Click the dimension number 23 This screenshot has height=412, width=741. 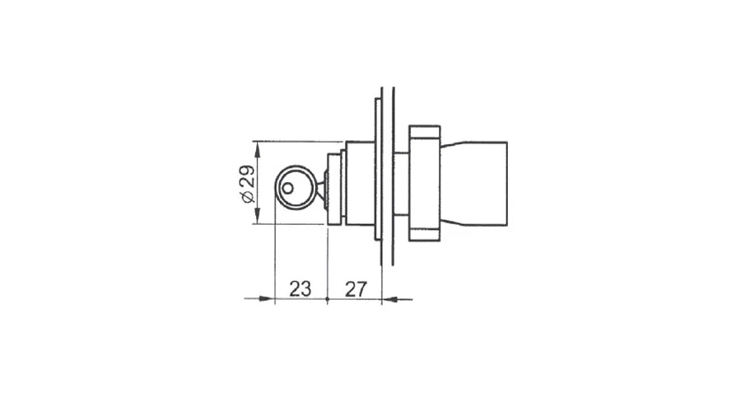300,288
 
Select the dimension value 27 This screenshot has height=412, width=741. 356,289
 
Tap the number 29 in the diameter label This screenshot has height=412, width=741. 247,176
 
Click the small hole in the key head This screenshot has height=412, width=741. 287,188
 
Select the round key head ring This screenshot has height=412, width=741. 276,187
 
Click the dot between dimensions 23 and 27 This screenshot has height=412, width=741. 328,299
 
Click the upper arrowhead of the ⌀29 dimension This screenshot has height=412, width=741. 257,150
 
